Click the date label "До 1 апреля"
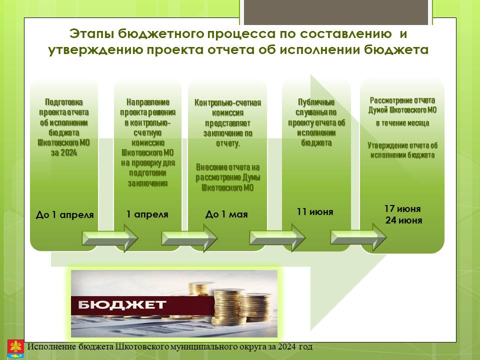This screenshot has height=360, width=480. click(64, 214)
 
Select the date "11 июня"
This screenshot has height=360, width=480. click(315, 211)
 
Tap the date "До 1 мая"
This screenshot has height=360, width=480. click(226, 214)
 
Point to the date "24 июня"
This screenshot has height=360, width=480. click(404, 220)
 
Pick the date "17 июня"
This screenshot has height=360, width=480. click(402, 208)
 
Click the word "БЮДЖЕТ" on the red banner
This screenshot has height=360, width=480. click(122, 304)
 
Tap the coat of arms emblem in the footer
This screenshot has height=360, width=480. click(15, 349)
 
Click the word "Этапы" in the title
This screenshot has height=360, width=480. click(91, 33)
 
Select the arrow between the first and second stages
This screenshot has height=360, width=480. click(110, 238)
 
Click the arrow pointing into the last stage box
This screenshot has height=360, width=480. click(358, 237)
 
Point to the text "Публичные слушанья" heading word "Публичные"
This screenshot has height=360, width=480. click(316, 102)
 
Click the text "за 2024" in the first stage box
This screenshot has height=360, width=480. click(64, 152)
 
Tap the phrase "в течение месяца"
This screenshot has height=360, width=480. click(402, 123)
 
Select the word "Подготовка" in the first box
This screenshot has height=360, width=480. click(64, 102)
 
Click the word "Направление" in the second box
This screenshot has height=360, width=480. click(148, 102)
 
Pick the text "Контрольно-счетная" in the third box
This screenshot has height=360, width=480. click(228, 102)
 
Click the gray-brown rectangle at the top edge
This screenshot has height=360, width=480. click(336, 12)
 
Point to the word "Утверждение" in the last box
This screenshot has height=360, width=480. click(387, 145)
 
